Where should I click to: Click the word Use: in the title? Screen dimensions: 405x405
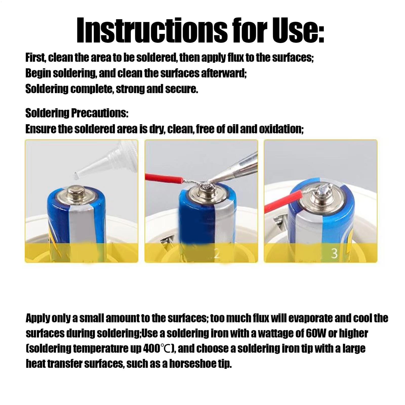tap(298, 30)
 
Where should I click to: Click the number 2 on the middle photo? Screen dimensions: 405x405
tap(216, 254)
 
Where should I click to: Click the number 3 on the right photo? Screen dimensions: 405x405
tap(334, 254)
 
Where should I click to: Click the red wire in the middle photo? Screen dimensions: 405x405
tap(164, 177)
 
